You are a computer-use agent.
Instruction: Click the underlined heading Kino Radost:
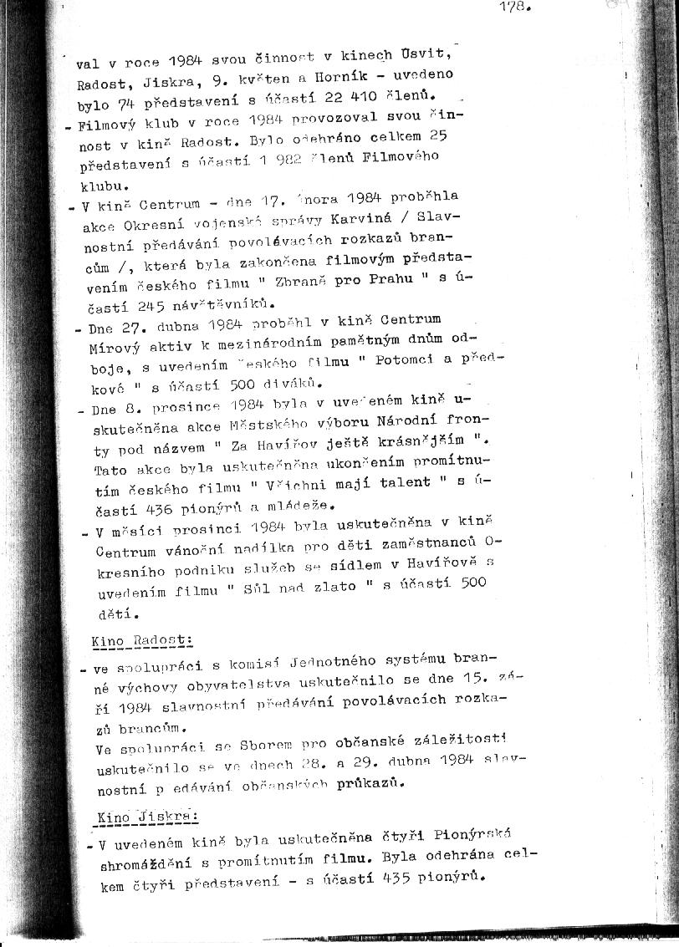[141, 640]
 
